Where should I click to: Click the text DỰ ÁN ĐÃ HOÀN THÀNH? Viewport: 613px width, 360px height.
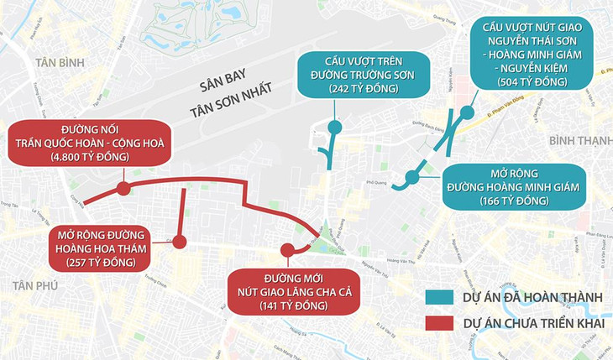532,297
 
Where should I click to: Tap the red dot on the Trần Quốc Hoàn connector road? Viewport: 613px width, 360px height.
123,189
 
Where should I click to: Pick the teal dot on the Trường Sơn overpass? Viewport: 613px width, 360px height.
334,128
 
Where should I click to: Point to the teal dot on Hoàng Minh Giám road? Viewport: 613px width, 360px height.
411,177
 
